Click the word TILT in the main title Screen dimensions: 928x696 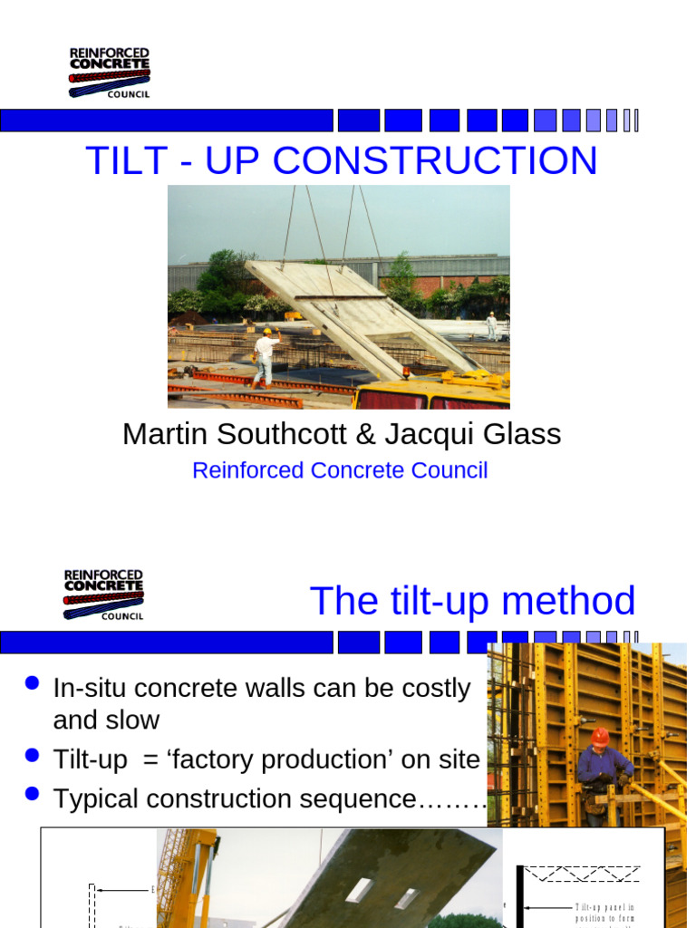[121, 160]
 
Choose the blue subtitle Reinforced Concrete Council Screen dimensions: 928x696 [340, 470]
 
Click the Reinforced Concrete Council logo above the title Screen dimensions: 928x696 [110, 72]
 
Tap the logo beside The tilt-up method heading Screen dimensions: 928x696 [103, 594]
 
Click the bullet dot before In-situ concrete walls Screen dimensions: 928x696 [34, 683]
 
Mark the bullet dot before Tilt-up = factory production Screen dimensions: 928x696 [34, 754]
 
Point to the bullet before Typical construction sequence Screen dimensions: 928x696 [34, 793]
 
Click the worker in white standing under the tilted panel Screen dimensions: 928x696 [264, 356]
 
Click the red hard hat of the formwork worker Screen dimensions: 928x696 [600, 737]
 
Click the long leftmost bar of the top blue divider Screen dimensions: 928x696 [167, 121]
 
